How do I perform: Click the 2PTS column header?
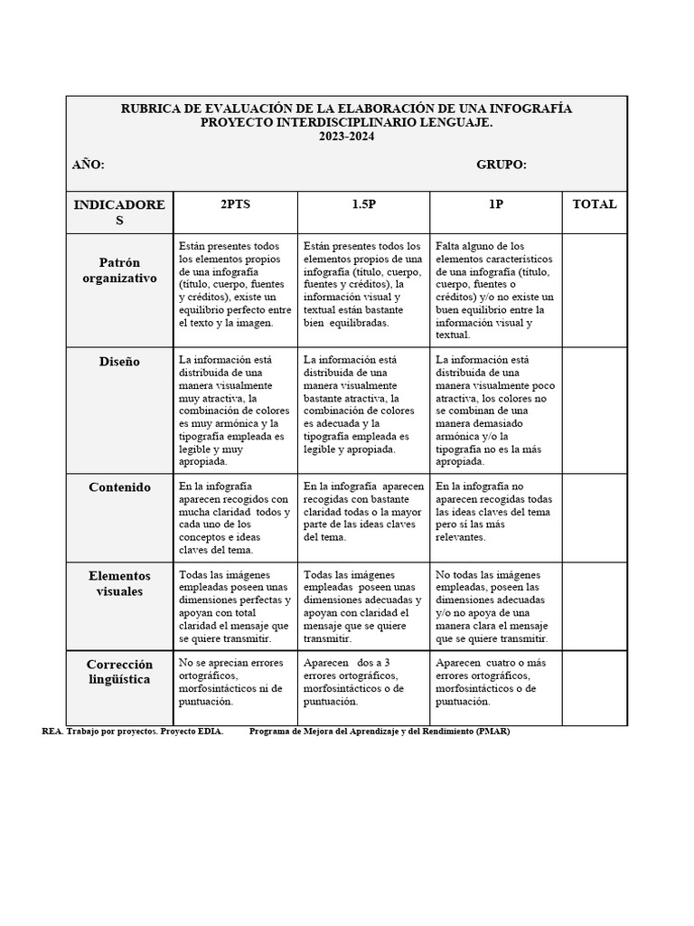tap(235, 204)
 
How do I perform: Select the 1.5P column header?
tap(363, 204)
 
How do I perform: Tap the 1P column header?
tap(495, 204)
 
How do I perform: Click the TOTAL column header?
tap(595, 204)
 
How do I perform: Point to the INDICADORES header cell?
tap(119, 213)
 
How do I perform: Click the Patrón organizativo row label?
tap(119, 270)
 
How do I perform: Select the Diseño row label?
tap(119, 362)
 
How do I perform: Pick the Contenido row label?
tap(119, 487)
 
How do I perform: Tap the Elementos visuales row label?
tap(119, 583)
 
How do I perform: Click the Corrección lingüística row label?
tap(119, 672)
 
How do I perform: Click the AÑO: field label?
tap(89, 165)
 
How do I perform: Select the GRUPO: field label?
tap(502, 165)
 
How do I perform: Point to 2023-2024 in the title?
tap(346, 137)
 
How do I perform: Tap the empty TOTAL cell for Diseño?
tap(595, 410)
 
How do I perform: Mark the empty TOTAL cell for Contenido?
tap(595, 517)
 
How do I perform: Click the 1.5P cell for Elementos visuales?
tap(363, 606)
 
